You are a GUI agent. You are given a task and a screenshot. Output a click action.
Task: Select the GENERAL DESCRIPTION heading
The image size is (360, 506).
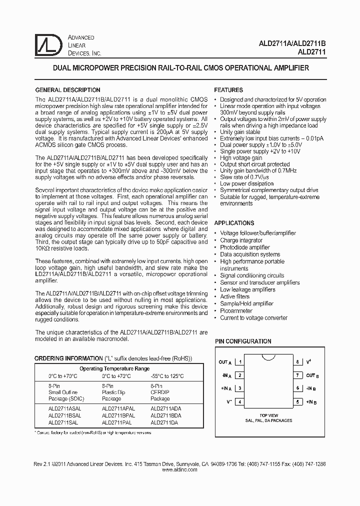point(67,90)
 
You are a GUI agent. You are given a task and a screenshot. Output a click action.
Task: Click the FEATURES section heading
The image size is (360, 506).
point(228,90)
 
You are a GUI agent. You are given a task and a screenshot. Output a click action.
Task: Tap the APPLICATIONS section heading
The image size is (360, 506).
point(234,223)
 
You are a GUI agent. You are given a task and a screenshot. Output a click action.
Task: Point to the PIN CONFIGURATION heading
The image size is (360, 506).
point(243,341)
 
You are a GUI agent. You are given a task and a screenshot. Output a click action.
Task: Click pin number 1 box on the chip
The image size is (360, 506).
point(241,362)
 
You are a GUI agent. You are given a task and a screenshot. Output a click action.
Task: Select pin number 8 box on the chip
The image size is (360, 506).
point(297,362)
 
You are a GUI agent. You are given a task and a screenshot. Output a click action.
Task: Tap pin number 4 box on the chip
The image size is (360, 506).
point(241,401)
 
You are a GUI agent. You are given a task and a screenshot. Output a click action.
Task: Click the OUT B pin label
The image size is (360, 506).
point(310,375)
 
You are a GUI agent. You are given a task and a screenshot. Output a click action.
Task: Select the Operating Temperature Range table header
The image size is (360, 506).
point(114,368)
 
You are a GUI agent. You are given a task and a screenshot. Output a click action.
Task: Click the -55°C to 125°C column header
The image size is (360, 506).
point(167,376)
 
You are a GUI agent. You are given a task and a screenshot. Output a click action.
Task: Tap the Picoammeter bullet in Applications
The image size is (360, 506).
point(237,310)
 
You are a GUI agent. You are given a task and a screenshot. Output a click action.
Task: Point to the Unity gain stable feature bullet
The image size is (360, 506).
point(240,132)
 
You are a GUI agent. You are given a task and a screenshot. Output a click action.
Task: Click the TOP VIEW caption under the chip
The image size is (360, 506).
point(268,415)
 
